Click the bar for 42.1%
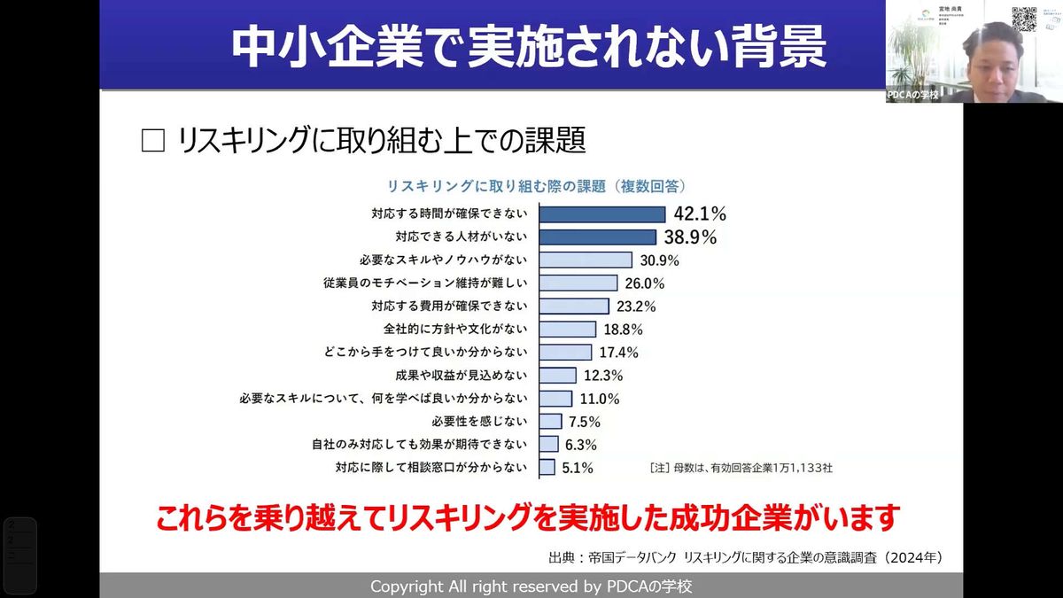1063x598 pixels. tap(602, 214)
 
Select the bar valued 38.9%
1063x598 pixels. tap(598, 237)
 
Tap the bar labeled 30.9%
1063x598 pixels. tap(586, 260)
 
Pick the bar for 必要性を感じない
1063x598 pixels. tap(551, 422)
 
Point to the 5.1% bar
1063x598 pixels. tap(547, 468)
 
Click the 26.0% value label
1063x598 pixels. tap(645, 283)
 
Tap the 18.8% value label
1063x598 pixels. tap(624, 330)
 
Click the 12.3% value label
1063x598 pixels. tap(603, 376)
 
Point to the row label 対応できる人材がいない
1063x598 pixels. tap(461, 237)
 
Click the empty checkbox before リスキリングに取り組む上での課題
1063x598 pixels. tap(153, 141)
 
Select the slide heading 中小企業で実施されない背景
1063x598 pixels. tap(528, 46)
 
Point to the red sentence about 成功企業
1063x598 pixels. tap(528, 517)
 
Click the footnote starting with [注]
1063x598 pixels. tap(741, 468)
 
